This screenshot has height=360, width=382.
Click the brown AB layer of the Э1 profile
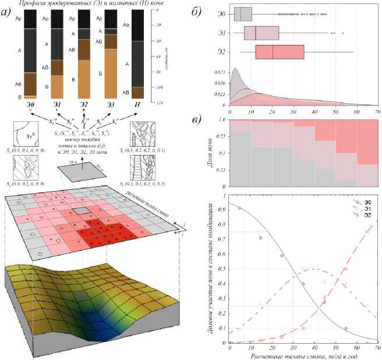coord(57,68)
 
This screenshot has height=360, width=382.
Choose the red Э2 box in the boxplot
coord(280,52)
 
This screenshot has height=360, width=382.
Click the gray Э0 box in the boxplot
coord(243,14)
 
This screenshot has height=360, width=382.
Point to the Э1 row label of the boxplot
coord(220,33)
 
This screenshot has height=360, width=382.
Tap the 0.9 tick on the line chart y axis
coord(224,208)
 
